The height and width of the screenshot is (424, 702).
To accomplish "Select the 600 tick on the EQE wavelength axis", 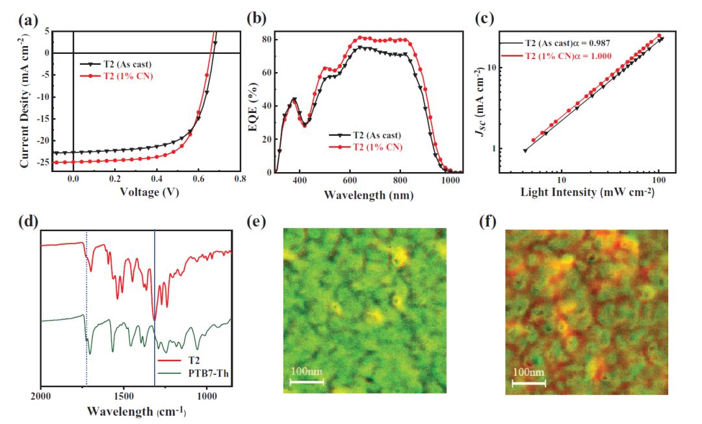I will coord(350,179).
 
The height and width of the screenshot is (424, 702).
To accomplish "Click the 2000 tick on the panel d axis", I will coord(41,395).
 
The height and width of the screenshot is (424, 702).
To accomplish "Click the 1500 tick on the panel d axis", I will coord(124,395).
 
